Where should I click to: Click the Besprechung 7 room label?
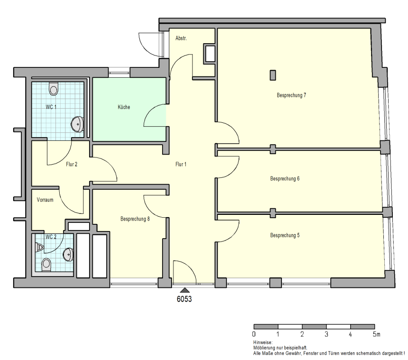[x=291, y=95]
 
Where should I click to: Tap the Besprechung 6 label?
[x=285, y=179]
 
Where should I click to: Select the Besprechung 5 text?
[x=285, y=235]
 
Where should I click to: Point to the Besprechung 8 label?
[x=135, y=219]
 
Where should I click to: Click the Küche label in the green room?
[x=124, y=107]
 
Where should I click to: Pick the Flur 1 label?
[x=181, y=165]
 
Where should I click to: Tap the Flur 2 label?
[x=72, y=165]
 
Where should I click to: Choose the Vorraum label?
[x=45, y=200]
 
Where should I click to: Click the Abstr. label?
[x=181, y=38]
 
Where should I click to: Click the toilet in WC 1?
[x=54, y=89]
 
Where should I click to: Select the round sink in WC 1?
[x=77, y=124]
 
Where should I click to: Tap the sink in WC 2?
[x=68, y=254]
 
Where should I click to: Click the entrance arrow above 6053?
[x=185, y=290]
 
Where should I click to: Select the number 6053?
[x=184, y=299]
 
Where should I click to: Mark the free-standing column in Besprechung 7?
[x=272, y=75]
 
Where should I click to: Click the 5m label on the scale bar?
[x=377, y=334]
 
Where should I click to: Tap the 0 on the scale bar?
[x=254, y=334]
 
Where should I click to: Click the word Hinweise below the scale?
[x=263, y=342]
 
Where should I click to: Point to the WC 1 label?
[x=51, y=107]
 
